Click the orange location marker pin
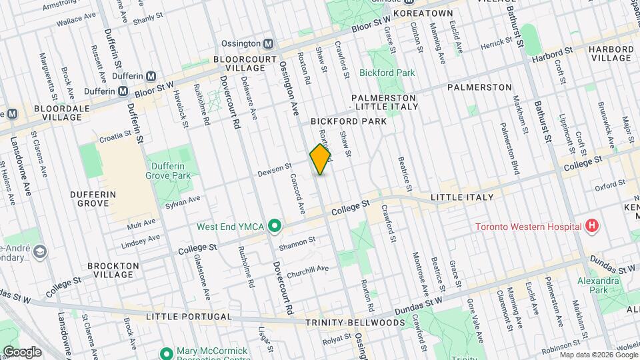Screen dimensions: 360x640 click(x=321, y=159)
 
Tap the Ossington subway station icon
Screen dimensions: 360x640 click(x=268, y=43)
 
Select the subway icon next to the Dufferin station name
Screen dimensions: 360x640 click(x=151, y=76)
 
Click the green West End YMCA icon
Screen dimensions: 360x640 click(x=273, y=227)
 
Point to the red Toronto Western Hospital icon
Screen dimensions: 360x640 click(x=590, y=227)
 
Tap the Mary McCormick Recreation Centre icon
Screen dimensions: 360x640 click(x=167, y=352)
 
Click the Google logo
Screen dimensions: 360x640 click(x=21, y=351)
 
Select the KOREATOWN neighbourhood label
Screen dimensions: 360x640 click(x=423, y=13)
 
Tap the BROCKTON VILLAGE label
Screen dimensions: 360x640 click(x=116, y=270)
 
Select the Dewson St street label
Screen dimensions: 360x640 click(x=275, y=171)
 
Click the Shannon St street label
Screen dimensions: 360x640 click(x=297, y=242)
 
